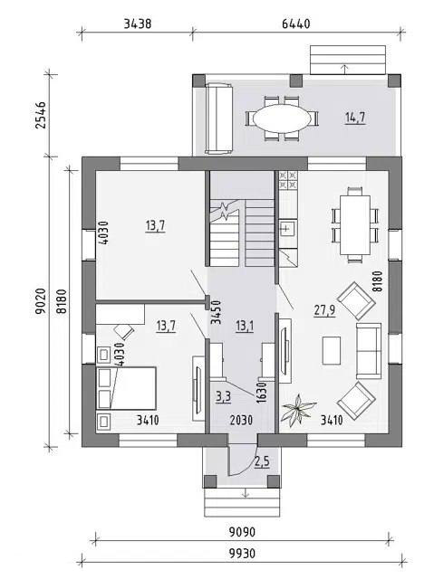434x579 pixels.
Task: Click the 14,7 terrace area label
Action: tap(355, 118)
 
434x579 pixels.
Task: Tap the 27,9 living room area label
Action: tap(325, 309)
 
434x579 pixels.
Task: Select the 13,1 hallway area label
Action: tap(245, 326)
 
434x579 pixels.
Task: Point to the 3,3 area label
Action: tap(223, 396)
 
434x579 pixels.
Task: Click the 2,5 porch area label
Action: tap(262, 461)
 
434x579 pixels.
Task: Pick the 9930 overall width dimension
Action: tap(242, 554)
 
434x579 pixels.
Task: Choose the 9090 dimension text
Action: tap(242, 532)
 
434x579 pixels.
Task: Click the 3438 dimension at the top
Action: tap(138, 24)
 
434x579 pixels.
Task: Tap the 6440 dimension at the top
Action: tap(296, 24)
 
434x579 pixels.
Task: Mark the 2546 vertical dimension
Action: tap(40, 115)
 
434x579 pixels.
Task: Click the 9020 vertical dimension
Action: tap(40, 301)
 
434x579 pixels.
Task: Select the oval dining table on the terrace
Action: tap(282, 119)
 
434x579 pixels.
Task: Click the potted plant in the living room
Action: tap(297, 411)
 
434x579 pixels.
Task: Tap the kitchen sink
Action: tap(288, 229)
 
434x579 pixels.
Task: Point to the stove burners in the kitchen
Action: tap(288, 180)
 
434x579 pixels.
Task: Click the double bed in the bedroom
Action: tap(126, 388)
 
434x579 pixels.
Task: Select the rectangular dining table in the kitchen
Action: tap(355, 225)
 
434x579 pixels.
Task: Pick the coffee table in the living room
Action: tap(332, 350)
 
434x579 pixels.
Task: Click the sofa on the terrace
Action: tap(219, 119)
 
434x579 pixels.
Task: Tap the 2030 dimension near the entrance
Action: tap(241, 420)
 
